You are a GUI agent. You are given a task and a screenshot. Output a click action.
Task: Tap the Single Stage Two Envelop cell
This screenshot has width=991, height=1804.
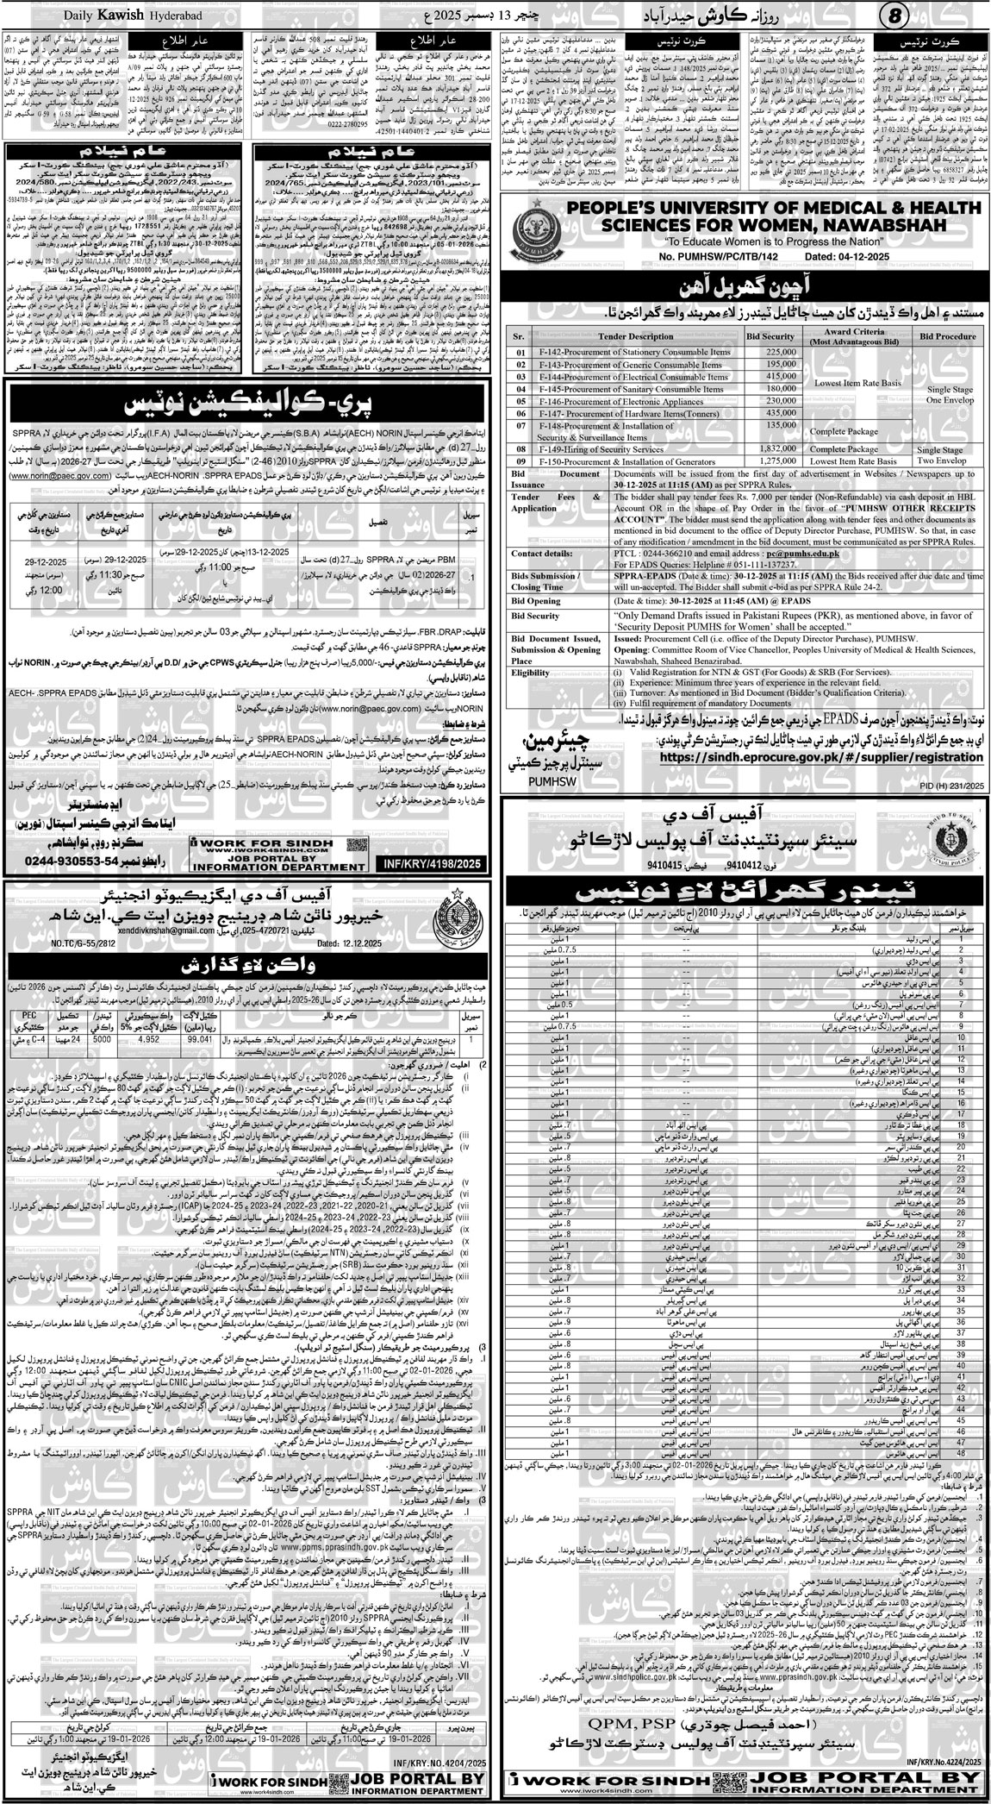(x=944, y=454)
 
